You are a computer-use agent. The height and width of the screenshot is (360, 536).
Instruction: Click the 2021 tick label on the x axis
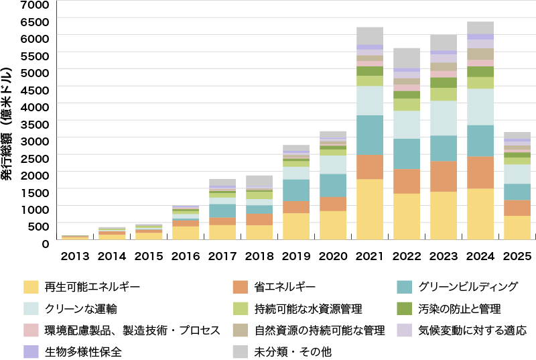pyautogui.click(x=370, y=256)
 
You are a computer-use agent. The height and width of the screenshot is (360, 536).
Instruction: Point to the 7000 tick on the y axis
pyautogui.click(x=36, y=5)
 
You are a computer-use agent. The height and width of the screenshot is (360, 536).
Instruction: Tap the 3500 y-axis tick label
pyautogui.click(x=36, y=124)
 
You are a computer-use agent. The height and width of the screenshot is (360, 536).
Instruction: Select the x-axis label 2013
pyautogui.click(x=75, y=256)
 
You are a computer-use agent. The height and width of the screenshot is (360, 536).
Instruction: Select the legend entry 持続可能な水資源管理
pyautogui.click(x=308, y=309)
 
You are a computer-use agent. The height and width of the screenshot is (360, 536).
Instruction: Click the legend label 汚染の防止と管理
pyautogui.click(x=459, y=309)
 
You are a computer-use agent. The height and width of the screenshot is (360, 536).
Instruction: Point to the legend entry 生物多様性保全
pyautogui.click(x=84, y=351)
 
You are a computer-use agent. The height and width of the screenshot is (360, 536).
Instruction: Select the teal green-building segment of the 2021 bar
pyautogui.click(x=370, y=135)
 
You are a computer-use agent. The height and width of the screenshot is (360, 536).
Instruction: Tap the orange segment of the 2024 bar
pyautogui.click(x=480, y=172)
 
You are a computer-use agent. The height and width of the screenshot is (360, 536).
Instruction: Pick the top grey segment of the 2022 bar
pyautogui.click(x=407, y=58)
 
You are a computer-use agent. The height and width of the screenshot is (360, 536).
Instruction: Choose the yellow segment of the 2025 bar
pyautogui.click(x=517, y=227)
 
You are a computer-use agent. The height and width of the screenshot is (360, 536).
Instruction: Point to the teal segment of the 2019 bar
pyautogui.click(x=296, y=190)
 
